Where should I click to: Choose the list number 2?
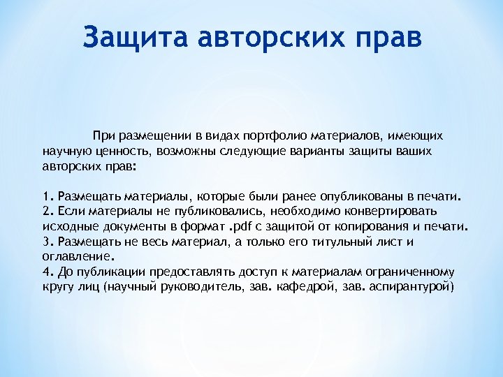click(x=47, y=211)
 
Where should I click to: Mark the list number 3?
click(x=47, y=242)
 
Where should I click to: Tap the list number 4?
click(x=47, y=272)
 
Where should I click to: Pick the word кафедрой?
click(x=334, y=287)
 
